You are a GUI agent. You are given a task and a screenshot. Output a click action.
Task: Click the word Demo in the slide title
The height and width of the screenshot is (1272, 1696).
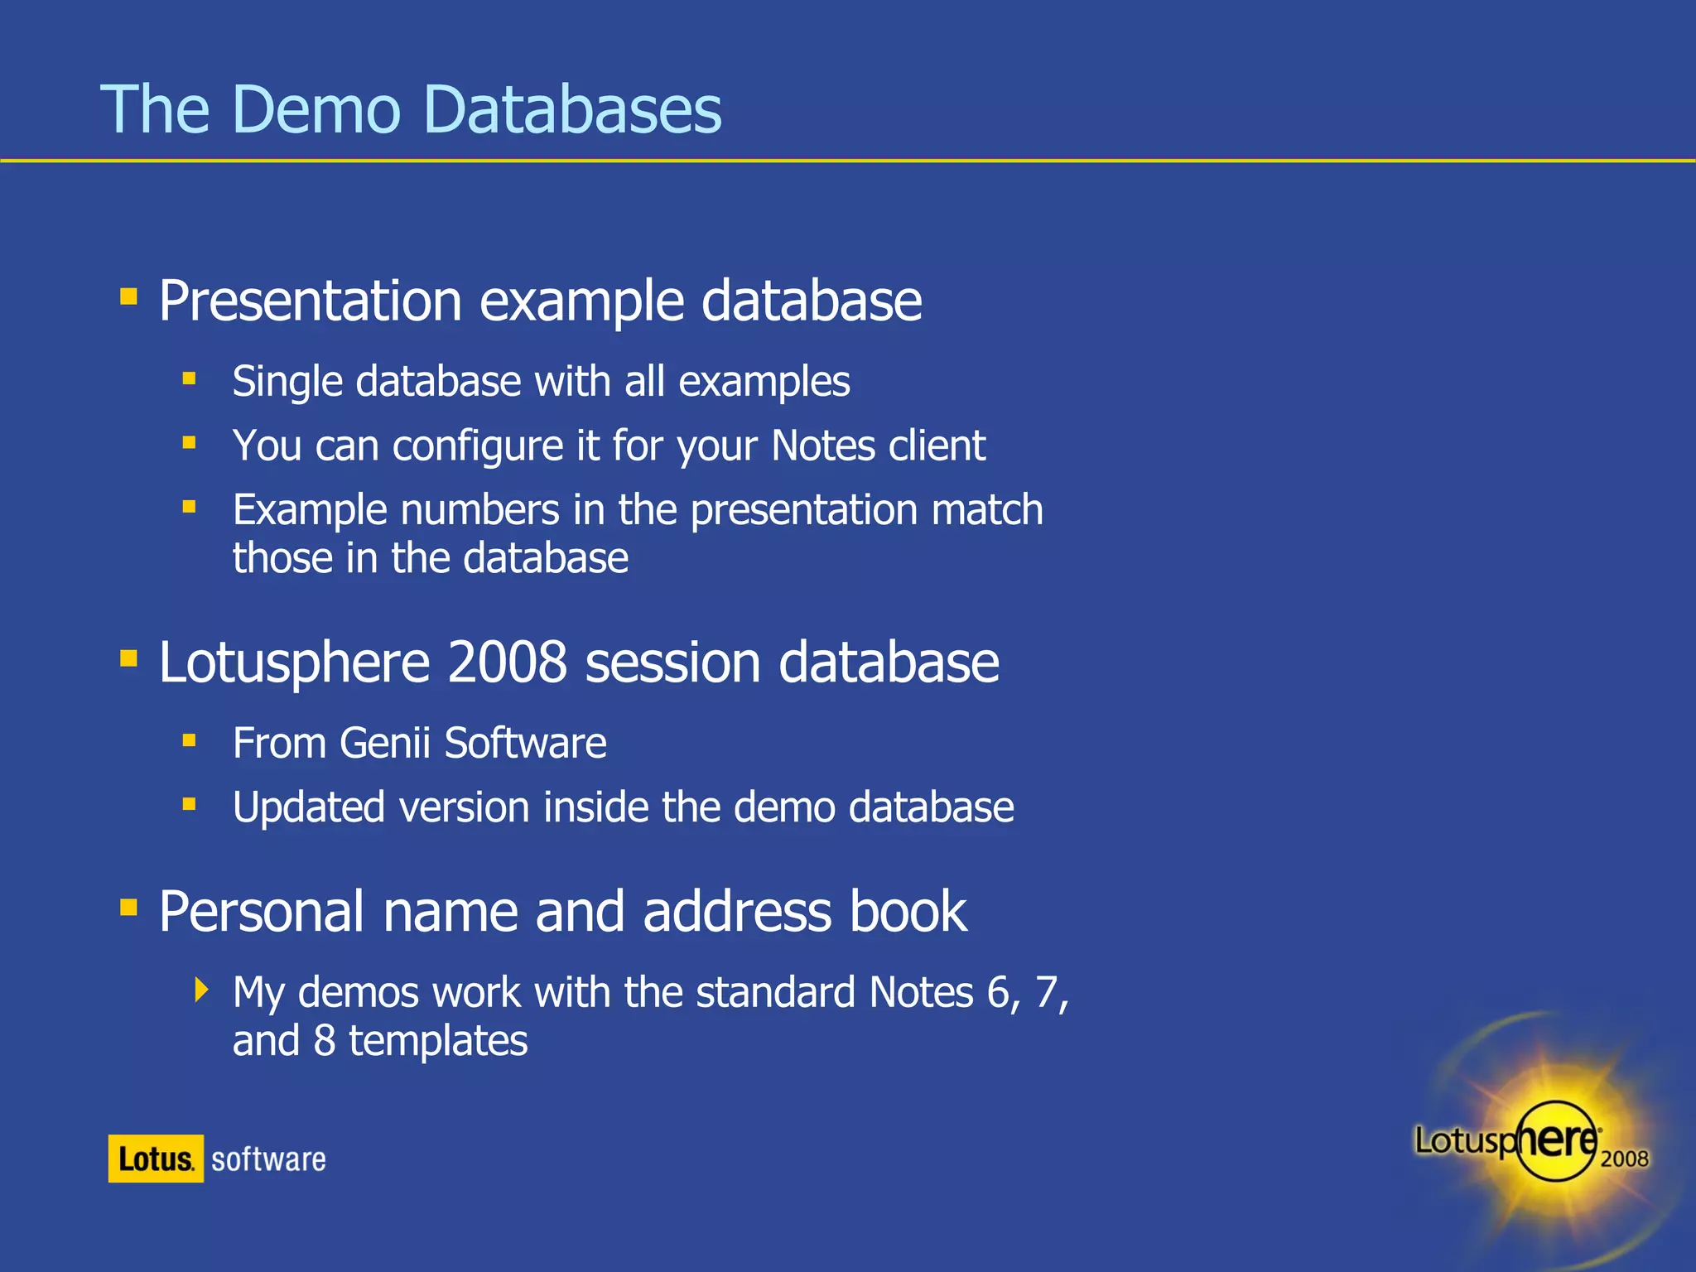point(316,109)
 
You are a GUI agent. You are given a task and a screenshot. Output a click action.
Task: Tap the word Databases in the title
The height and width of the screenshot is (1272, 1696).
point(572,109)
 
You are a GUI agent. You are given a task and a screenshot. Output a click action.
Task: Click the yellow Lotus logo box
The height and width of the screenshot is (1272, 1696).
point(156,1159)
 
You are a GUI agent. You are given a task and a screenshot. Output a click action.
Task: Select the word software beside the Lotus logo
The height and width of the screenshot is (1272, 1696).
point(268,1159)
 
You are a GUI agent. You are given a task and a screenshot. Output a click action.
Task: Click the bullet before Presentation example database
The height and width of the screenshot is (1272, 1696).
point(128,296)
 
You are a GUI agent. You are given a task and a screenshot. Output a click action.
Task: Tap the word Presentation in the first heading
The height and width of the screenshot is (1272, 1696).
point(310,301)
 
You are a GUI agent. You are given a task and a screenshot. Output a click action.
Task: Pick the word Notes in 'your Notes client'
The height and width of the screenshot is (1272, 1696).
point(823,446)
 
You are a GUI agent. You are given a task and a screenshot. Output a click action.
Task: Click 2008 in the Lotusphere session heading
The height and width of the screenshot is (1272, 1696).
point(507,662)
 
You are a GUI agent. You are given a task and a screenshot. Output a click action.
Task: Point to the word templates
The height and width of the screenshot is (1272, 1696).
point(437,1041)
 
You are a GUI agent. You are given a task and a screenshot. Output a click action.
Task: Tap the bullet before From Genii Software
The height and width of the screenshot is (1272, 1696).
point(190,740)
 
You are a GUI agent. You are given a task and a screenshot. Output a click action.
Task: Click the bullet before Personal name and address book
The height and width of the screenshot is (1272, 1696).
point(128,908)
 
